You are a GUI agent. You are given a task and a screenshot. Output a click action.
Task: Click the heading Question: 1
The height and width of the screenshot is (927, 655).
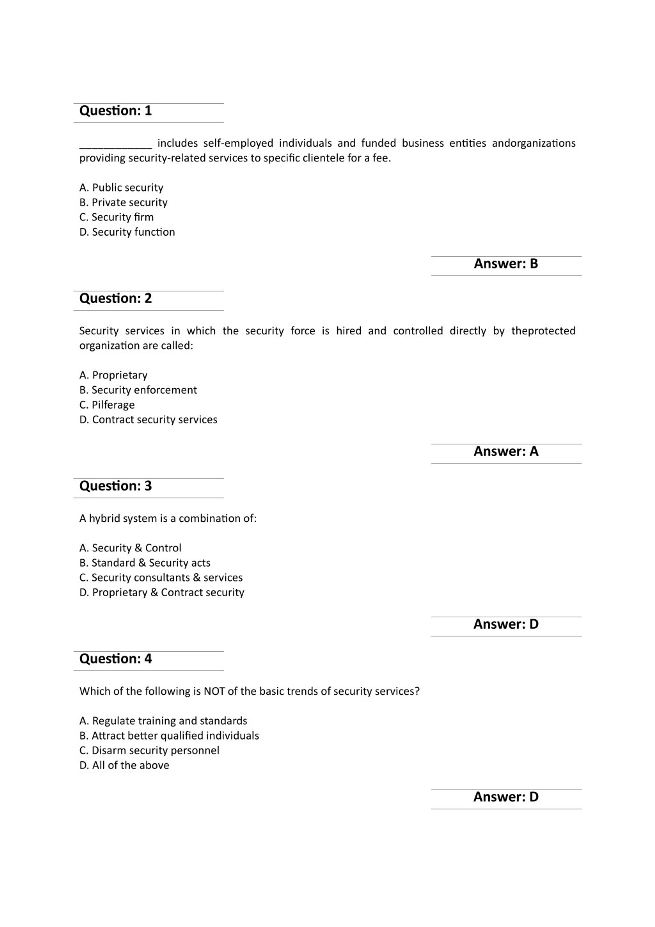[115, 111]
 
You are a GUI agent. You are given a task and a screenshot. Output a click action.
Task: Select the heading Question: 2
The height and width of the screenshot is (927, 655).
[115, 298]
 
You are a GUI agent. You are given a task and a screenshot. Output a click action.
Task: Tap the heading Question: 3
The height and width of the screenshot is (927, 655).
[115, 486]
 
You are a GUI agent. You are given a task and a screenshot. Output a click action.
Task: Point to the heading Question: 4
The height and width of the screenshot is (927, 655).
[115, 659]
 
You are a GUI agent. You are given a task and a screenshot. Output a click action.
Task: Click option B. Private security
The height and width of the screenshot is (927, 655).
[123, 202]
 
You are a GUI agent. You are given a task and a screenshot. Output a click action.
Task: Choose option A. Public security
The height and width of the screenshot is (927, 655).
[121, 187]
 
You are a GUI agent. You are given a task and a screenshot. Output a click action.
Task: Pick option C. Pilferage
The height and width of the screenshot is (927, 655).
[107, 405]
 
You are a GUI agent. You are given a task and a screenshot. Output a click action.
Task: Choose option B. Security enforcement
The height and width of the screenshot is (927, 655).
[138, 390]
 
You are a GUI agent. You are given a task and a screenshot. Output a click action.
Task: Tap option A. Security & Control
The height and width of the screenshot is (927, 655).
[130, 548]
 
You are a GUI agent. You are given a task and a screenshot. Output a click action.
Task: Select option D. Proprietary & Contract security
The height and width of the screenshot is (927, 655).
[162, 592]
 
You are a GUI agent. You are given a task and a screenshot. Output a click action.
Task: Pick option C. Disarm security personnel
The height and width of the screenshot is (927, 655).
[149, 751]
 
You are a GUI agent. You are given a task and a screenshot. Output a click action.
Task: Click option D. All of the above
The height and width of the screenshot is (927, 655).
[124, 765]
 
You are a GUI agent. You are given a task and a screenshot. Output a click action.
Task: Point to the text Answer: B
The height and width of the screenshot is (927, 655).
[506, 264]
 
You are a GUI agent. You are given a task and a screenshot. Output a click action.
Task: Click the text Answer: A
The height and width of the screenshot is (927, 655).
[506, 451]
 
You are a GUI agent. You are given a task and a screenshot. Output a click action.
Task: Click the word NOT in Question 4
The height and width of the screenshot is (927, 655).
[214, 691]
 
